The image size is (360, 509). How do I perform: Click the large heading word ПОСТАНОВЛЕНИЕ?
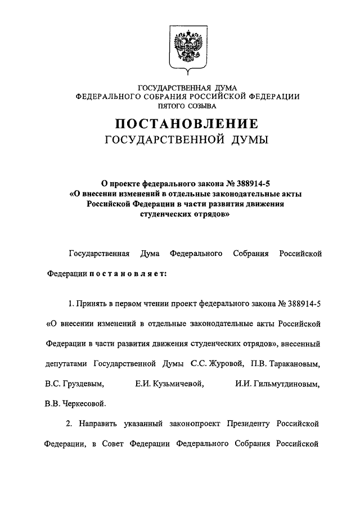coord(187,123)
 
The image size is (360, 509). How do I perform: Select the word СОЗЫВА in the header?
coord(203,105)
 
